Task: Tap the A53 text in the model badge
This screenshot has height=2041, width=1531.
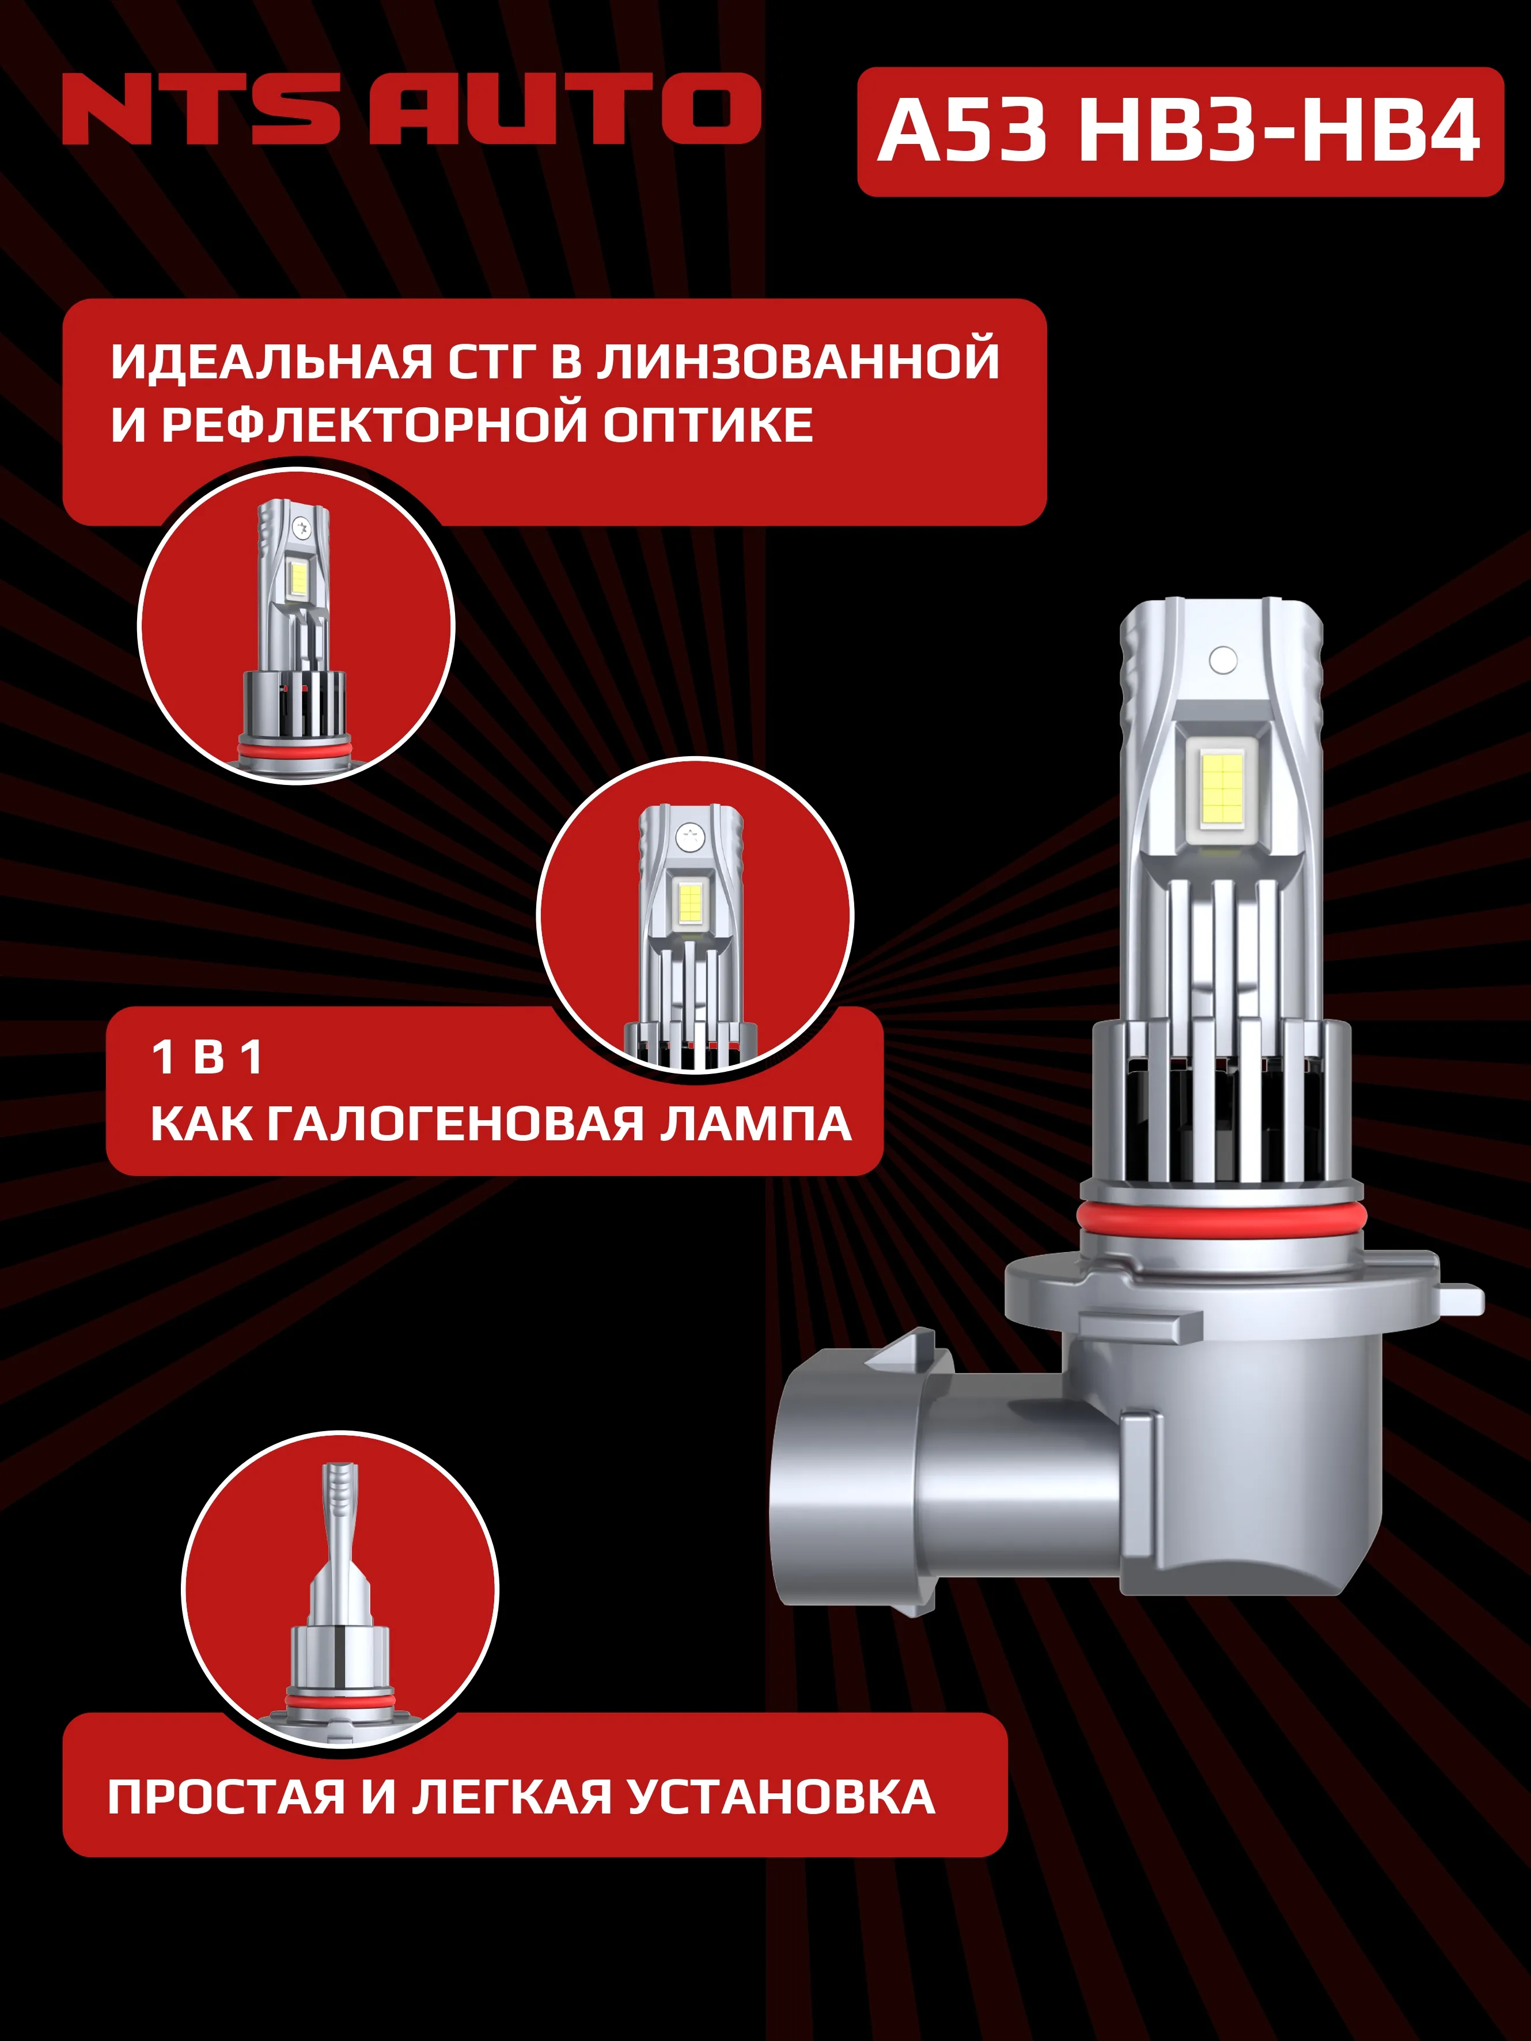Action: click(962, 131)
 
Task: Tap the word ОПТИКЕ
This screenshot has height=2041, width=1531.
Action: click(708, 426)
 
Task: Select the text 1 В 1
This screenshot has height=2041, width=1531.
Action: click(207, 1057)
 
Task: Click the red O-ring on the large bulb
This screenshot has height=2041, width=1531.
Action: click(1221, 1216)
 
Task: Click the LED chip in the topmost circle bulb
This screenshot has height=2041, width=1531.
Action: click(298, 579)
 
